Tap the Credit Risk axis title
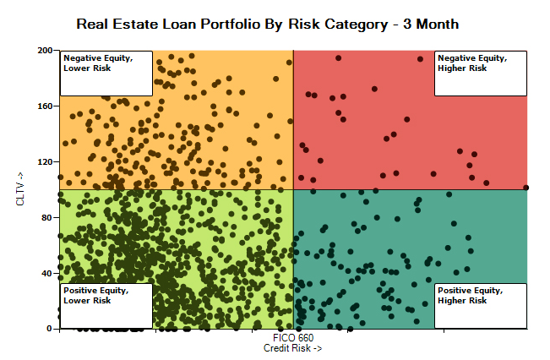[292, 348]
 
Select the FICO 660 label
[292, 338]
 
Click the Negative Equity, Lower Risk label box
[106, 62]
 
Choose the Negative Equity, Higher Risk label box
[480, 62]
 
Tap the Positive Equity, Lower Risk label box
[106, 305]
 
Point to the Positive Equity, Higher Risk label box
[480, 305]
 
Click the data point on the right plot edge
[525, 188]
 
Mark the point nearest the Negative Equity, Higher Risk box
[420, 59]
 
